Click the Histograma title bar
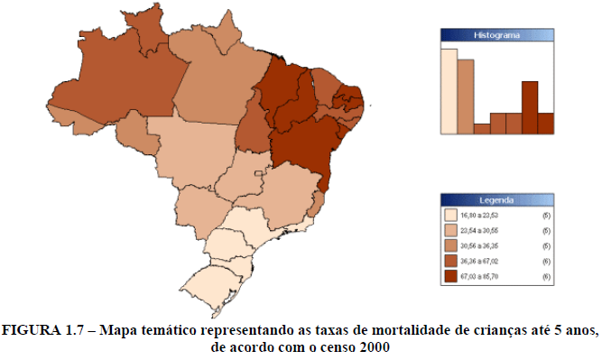click(495, 34)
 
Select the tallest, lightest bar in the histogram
click(449, 90)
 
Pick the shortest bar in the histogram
click(481, 128)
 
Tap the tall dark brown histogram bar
click(530, 107)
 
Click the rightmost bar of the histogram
click(545, 123)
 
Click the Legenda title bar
click(495, 199)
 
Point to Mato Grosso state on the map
click(194, 144)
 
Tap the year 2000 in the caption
click(375, 347)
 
